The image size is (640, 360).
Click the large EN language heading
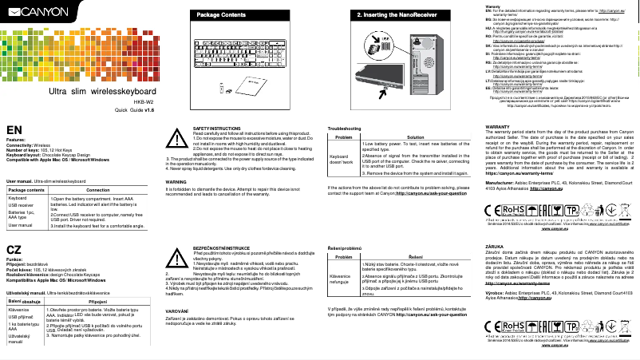click(x=14, y=131)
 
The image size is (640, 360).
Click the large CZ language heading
click(x=14, y=250)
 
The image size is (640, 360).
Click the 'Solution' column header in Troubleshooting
click(x=414, y=137)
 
